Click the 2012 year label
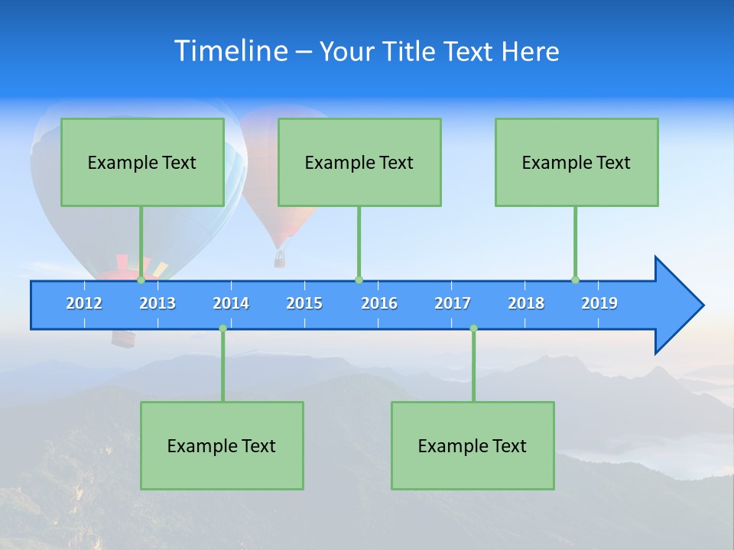(x=84, y=303)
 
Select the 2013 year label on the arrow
(x=158, y=303)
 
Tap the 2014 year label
(x=231, y=303)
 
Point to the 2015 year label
(x=304, y=303)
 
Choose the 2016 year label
(x=379, y=303)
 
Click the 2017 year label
(x=453, y=303)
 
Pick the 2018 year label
(x=526, y=303)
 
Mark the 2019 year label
(x=599, y=303)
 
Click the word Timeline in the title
(x=231, y=51)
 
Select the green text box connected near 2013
(x=142, y=162)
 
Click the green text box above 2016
(x=359, y=162)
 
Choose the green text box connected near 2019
(x=576, y=162)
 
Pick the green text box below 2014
(x=222, y=445)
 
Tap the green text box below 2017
(x=473, y=445)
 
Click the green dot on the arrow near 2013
(x=141, y=280)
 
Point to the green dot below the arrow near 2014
(x=222, y=328)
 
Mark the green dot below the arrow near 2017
(x=473, y=328)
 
